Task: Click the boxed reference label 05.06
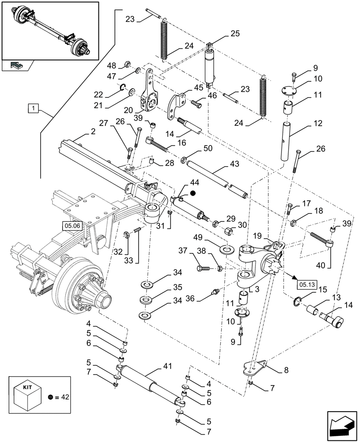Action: (71, 225)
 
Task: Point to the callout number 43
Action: (235, 164)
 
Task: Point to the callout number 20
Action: (129, 109)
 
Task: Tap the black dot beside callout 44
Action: (193, 193)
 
